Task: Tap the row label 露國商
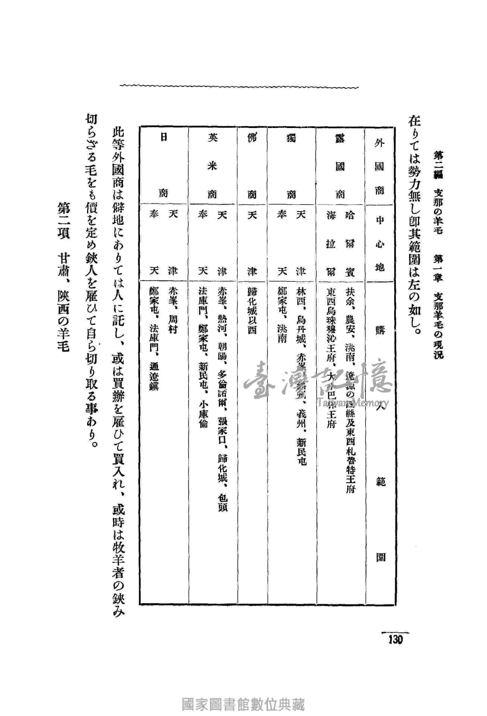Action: click(x=340, y=166)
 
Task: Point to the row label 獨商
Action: click(x=291, y=166)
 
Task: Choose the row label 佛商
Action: click(x=252, y=166)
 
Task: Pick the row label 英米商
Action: click(x=212, y=166)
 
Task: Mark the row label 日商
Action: click(x=163, y=166)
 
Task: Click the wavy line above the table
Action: click(x=240, y=86)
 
